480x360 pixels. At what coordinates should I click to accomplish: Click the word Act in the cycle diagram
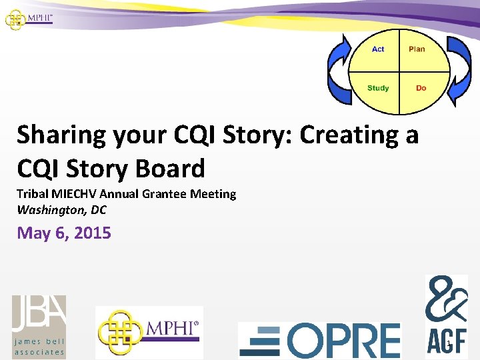378,49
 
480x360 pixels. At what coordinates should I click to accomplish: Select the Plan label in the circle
417,49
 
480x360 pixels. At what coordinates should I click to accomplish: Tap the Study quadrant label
378,88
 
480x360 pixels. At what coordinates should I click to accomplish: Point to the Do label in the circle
421,88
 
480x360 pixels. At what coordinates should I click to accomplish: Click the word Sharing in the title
61,135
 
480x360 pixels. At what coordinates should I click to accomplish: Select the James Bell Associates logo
39,326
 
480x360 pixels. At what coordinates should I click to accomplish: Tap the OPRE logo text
344,340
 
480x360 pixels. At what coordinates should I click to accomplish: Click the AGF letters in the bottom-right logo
447,344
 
